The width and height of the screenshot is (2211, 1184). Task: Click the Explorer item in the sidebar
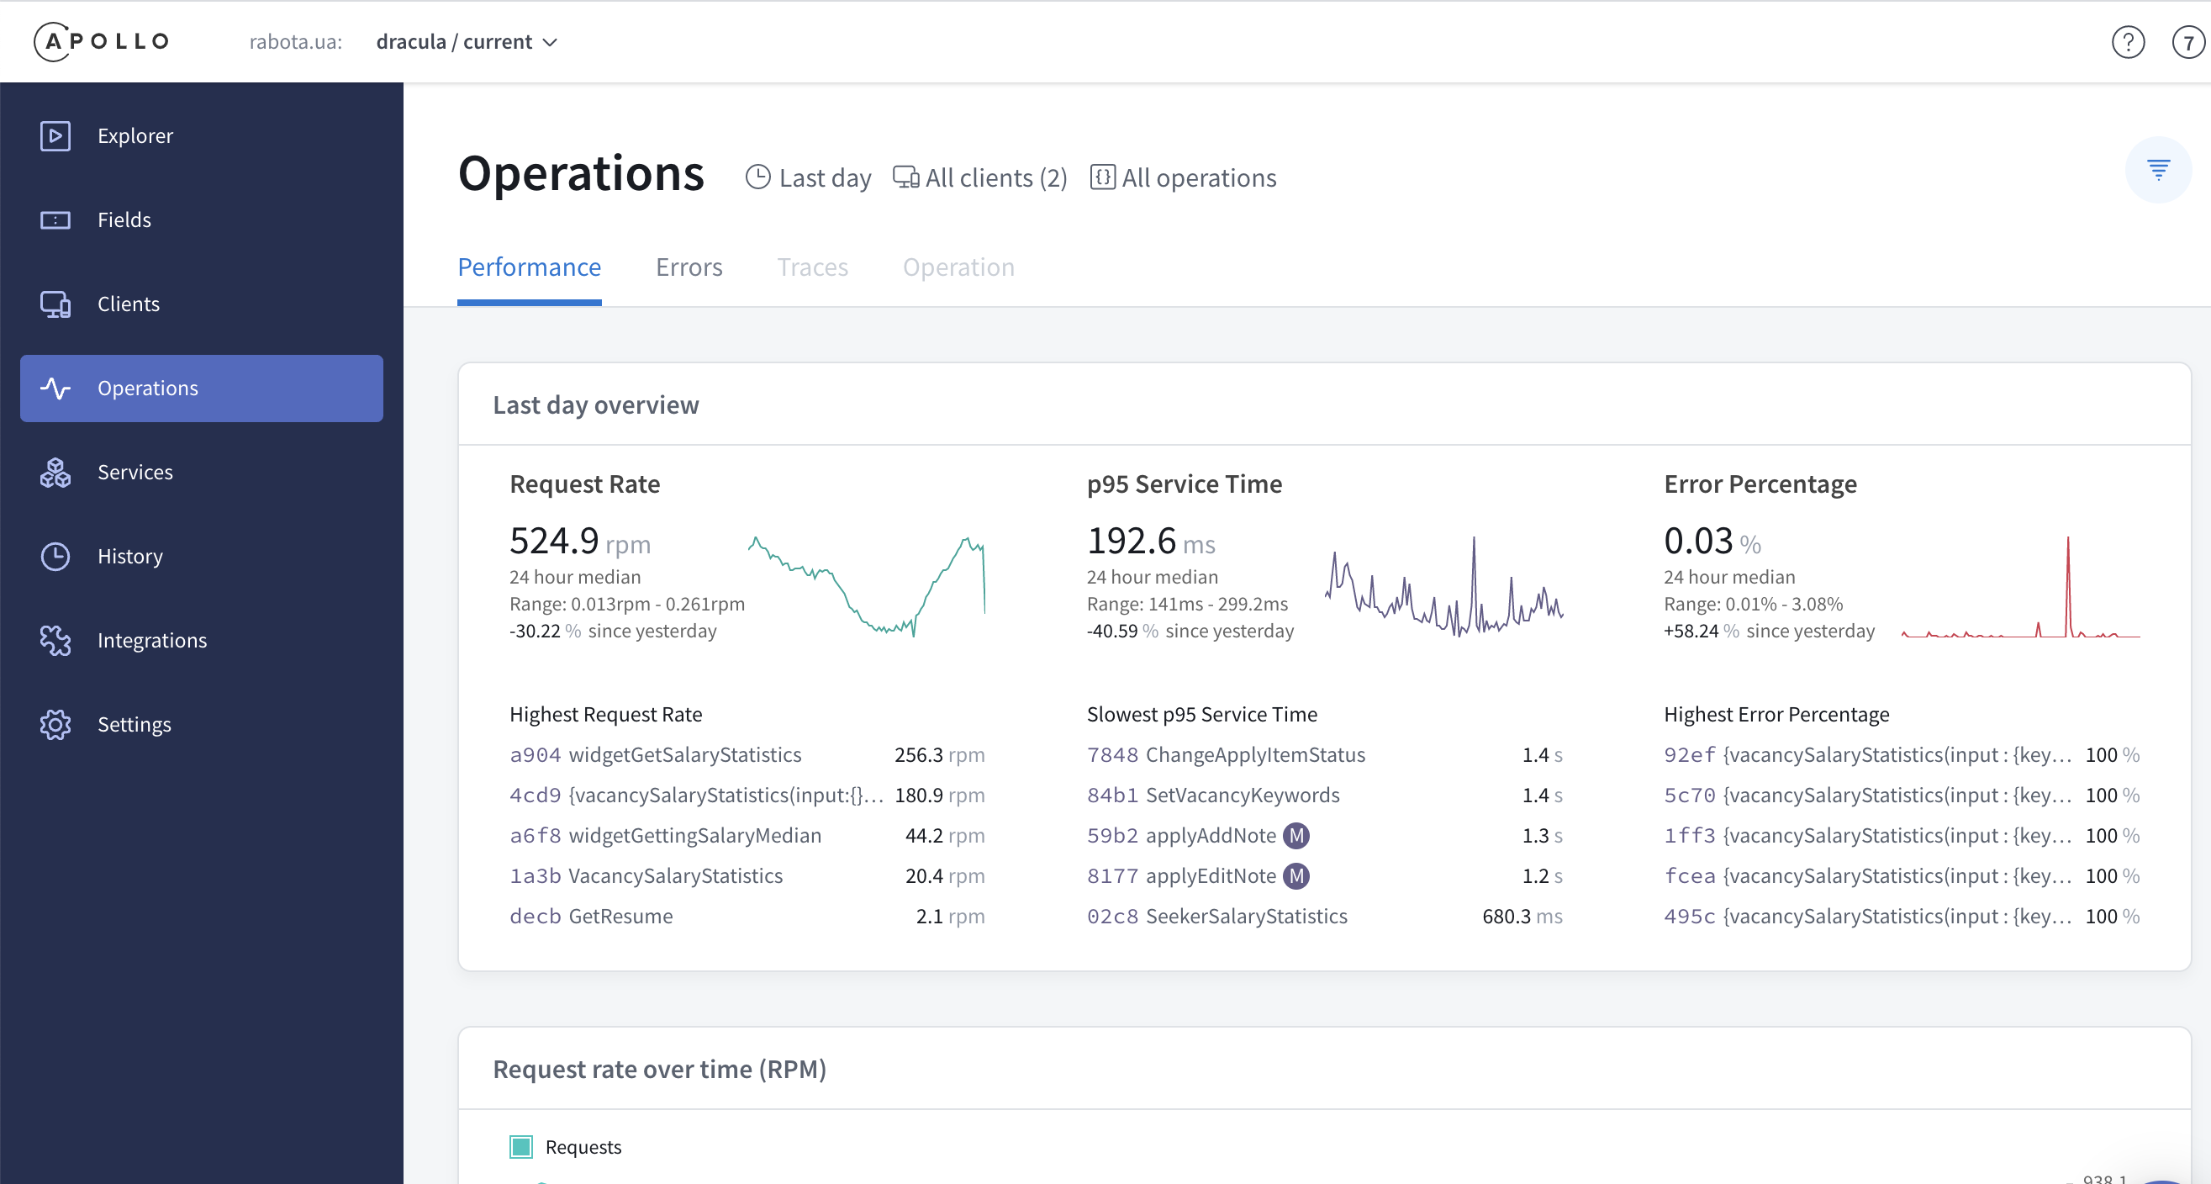pyautogui.click(x=135, y=135)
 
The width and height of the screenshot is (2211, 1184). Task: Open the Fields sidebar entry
pyautogui.click(x=124, y=219)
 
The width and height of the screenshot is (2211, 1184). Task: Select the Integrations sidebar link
pyautogui.click(x=151, y=641)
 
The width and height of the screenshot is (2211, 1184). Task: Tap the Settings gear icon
pyautogui.click(x=55, y=725)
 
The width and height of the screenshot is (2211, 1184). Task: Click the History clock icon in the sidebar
pyautogui.click(x=55, y=557)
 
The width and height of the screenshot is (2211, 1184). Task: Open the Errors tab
pyautogui.click(x=689, y=267)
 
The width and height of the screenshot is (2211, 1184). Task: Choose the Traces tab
pyautogui.click(x=812, y=267)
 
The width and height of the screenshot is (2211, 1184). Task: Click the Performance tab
pyautogui.click(x=529, y=267)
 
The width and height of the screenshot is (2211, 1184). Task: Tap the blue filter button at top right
pyautogui.click(x=2158, y=169)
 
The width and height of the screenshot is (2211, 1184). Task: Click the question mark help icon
pyautogui.click(x=2128, y=42)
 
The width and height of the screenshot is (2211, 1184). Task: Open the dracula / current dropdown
pyautogui.click(x=466, y=42)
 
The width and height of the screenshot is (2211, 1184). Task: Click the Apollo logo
pyautogui.click(x=101, y=41)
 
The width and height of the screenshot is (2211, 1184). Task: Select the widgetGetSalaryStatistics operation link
pyautogui.click(x=684, y=754)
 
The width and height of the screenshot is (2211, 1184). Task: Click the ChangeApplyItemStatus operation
pyautogui.click(x=1255, y=754)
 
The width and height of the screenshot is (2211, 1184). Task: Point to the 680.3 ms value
pyautogui.click(x=1521, y=916)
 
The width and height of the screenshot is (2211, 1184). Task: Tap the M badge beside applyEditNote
pyautogui.click(x=1296, y=875)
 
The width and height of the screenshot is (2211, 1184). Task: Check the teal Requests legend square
pyautogui.click(x=521, y=1147)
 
